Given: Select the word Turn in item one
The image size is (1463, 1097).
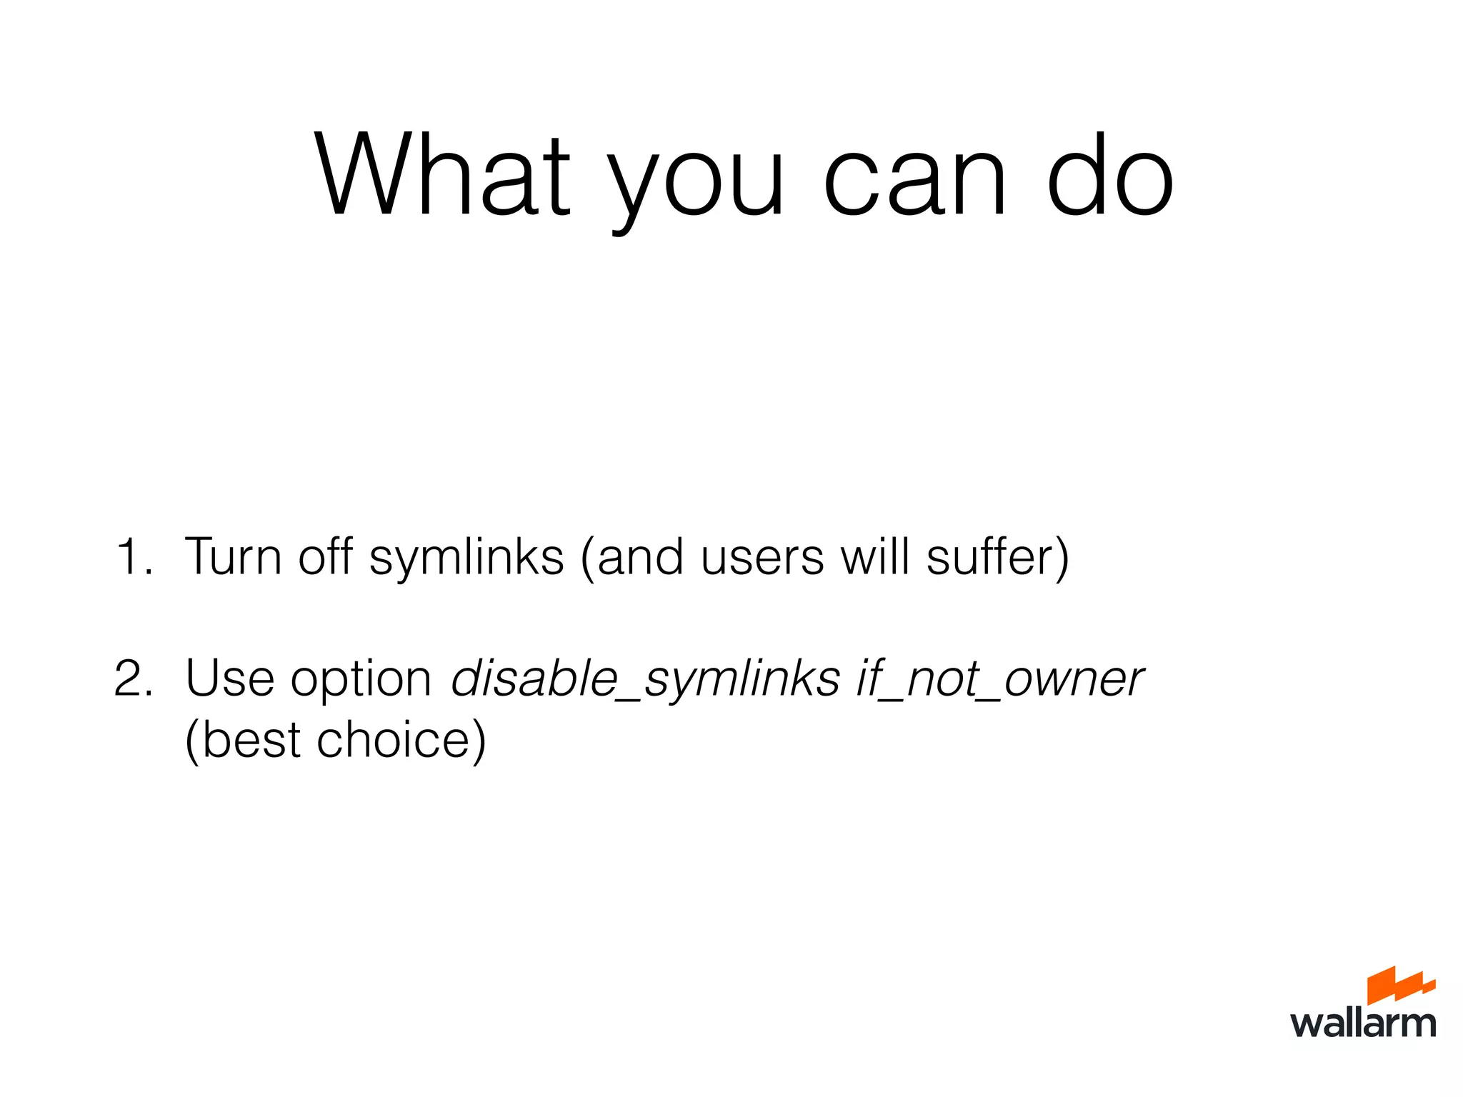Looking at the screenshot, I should click(233, 556).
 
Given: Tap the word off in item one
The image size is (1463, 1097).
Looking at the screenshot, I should click(325, 556).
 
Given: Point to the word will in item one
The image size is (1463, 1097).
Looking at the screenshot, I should click(875, 556).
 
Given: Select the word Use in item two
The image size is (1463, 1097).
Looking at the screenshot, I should click(229, 678).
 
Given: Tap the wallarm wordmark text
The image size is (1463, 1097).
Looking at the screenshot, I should click(1363, 1023).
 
